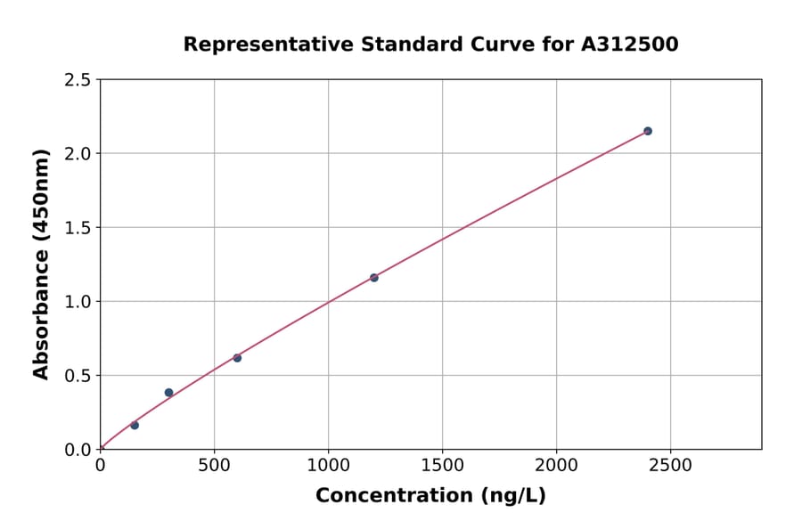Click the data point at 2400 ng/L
[648, 131]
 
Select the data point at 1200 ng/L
[374, 278]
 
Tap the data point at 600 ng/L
[237, 358]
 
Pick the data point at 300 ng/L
[168, 393]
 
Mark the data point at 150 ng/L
[135, 425]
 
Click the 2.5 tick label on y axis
[77, 80]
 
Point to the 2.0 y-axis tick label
[77, 154]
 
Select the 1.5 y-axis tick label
[77, 228]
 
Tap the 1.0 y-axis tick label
[77, 302]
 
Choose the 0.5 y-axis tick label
[77, 376]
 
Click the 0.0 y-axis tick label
[77, 450]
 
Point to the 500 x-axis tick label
[214, 466]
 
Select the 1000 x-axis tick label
[328, 466]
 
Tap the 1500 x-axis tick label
[442, 466]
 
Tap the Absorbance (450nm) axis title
[41, 264]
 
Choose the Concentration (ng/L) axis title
[430, 496]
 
